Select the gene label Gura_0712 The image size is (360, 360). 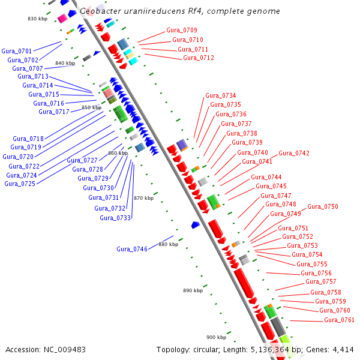pyautogui.click(x=199, y=58)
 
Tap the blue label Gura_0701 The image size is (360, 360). pyautogui.click(x=17, y=51)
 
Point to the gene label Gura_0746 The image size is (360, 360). pyautogui.click(x=132, y=248)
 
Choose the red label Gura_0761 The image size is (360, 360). pyautogui.click(x=340, y=320)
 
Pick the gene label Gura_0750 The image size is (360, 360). pyautogui.click(x=323, y=206)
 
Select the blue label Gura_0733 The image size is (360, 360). pyautogui.click(x=116, y=218)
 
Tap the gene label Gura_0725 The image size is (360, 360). pyautogui.click(x=20, y=184)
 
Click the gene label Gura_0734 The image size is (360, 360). pyautogui.click(x=221, y=95)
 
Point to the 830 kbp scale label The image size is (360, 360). pyautogui.click(x=37, y=19)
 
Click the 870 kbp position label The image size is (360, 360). pyautogui.click(x=144, y=198)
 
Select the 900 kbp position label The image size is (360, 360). pyautogui.click(x=216, y=337)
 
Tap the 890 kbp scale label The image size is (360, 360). pyautogui.click(x=193, y=290)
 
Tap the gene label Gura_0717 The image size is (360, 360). pyautogui.click(x=54, y=112)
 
